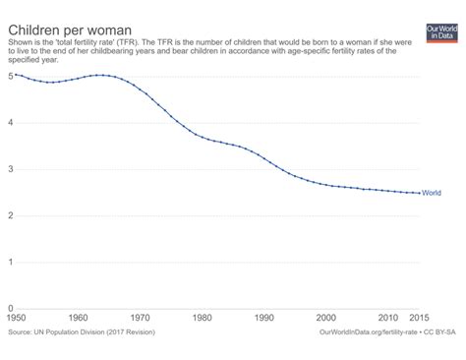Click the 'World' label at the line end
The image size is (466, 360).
tap(441, 194)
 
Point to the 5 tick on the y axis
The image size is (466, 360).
tap(10, 76)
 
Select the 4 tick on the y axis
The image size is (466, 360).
tap(10, 122)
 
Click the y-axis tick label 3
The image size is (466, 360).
tap(10, 169)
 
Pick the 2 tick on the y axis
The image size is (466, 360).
tap(10, 215)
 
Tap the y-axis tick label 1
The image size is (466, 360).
tap(10, 262)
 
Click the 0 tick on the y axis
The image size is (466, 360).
tap(10, 308)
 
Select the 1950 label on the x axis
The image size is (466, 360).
tap(17, 319)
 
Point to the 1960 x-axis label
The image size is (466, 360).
tap(79, 319)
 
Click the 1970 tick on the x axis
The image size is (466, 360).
tap(141, 319)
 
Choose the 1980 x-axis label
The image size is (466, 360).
tap(203, 319)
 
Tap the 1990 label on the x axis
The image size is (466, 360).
tap(264, 319)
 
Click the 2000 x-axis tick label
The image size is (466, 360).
tap(326, 319)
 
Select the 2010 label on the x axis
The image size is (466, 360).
tap(388, 319)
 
